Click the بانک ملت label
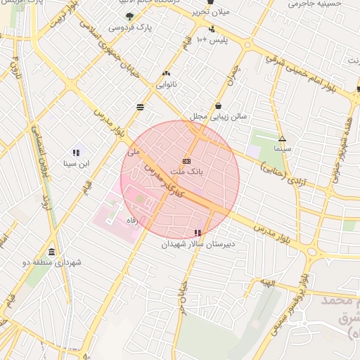186,171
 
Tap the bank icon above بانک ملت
186,160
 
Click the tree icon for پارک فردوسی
128,15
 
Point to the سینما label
283,150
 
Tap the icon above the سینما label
283,139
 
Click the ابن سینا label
77,164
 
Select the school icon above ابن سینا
77,153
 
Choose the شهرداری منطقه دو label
53,262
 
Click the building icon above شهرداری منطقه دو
52,252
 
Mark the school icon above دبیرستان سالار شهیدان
198,233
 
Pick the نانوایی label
167,84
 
